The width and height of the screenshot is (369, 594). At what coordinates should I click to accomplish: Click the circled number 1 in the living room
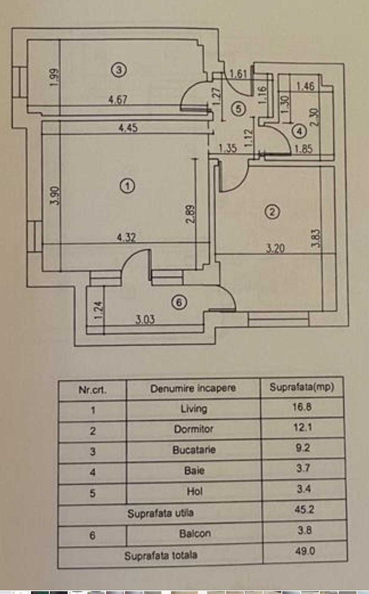127,186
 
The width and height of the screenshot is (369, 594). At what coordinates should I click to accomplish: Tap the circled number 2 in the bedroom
272,212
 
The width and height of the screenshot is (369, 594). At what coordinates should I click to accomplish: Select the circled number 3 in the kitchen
119,70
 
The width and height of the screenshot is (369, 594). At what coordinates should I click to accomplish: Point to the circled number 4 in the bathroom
300,131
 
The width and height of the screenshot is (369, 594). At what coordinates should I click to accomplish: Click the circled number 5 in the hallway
238,109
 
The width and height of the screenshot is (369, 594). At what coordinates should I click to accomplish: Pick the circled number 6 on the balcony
179,302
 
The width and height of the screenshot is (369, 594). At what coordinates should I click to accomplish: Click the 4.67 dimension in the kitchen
118,100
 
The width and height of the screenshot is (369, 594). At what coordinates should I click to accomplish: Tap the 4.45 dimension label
128,128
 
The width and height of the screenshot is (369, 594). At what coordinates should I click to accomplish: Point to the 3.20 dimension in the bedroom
275,249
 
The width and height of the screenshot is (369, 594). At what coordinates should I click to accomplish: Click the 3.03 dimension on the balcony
145,319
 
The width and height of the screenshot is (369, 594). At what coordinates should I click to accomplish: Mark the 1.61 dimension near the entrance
238,74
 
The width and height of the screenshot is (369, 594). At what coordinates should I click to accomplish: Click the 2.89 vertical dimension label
190,214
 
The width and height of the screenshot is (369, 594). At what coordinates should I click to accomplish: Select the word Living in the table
194,409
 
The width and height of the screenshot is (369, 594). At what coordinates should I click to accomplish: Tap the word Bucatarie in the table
194,450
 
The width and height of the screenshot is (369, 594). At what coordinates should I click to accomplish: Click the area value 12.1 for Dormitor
302,427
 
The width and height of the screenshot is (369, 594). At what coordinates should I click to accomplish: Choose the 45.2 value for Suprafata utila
304,509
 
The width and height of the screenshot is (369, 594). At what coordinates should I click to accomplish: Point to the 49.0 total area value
305,551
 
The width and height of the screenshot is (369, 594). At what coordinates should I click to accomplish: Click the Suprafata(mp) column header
302,387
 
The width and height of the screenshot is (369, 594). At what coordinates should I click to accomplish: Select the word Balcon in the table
195,534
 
